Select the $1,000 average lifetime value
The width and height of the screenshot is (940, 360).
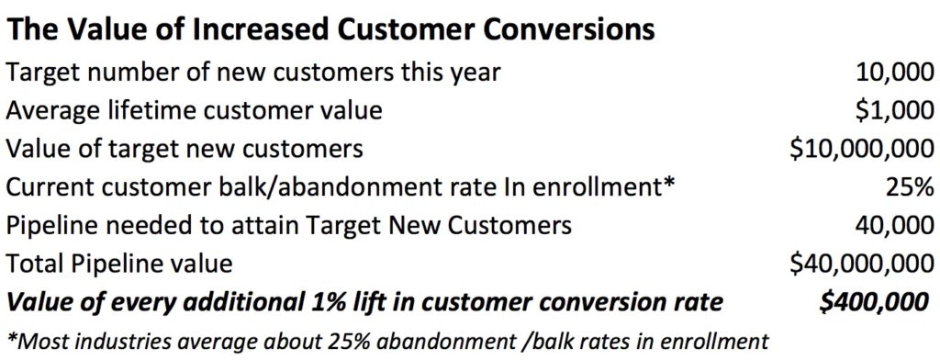point(884,110)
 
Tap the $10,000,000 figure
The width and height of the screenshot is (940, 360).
point(857,149)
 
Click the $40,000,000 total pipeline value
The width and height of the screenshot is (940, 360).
point(857,264)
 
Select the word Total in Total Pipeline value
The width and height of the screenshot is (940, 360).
point(34,264)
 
